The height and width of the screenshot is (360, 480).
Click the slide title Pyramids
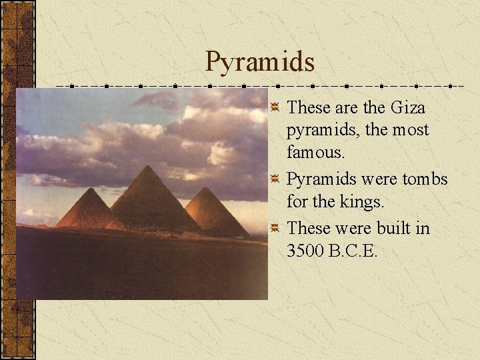coord(260,61)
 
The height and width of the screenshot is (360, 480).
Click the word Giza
coord(408,107)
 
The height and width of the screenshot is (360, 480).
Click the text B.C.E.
coord(355,251)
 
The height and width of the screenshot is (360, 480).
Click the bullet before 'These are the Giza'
coord(275,107)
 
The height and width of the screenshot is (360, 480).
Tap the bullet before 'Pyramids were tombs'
coord(275,179)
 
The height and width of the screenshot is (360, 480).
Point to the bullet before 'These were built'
coord(275,229)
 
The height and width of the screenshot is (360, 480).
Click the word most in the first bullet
coord(411,129)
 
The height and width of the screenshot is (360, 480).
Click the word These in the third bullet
coord(307,229)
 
